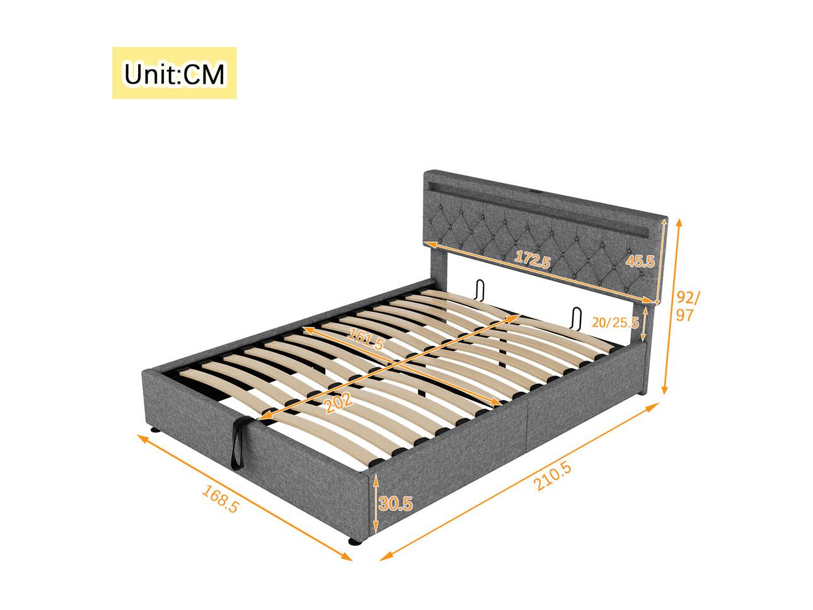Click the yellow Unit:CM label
point(174,73)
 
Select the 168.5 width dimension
point(220,499)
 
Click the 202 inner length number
point(339,402)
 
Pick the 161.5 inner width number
point(365,339)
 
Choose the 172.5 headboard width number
point(533,259)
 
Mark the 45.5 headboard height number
point(640,262)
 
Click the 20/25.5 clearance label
point(615,323)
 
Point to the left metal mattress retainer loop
point(479,292)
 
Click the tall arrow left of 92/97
point(671,306)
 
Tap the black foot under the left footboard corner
point(155,430)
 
